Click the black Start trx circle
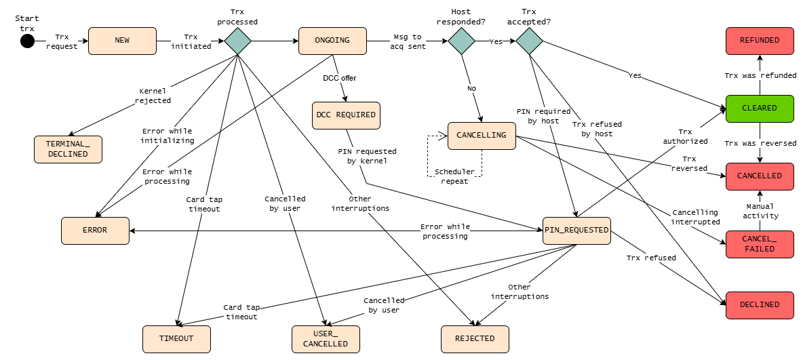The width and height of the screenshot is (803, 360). click(28, 41)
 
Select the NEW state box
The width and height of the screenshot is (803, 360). click(122, 41)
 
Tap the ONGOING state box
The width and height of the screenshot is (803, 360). click(333, 41)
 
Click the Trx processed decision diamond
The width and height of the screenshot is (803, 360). click(237, 41)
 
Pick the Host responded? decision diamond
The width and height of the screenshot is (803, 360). click(461, 41)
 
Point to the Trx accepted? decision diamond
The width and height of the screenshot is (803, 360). click(529, 41)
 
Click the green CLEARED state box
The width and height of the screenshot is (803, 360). click(760, 108)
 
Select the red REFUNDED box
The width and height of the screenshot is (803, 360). click(760, 41)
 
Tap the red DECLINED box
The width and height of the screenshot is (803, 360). click(760, 305)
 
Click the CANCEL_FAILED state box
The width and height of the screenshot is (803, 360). click(760, 244)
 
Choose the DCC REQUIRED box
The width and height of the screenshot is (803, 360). click(346, 115)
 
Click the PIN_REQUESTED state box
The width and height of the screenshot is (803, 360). click(576, 231)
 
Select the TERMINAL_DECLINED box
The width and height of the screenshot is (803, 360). click(68, 150)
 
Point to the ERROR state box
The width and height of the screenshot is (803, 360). click(95, 231)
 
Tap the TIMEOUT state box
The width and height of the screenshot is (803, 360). click(177, 339)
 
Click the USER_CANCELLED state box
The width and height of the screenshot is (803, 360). click(326, 339)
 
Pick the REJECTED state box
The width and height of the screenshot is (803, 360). click(475, 339)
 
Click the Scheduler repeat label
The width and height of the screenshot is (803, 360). click(455, 177)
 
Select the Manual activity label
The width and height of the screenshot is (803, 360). click(760, 211)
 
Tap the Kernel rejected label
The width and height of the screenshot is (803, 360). click(153, 96)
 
